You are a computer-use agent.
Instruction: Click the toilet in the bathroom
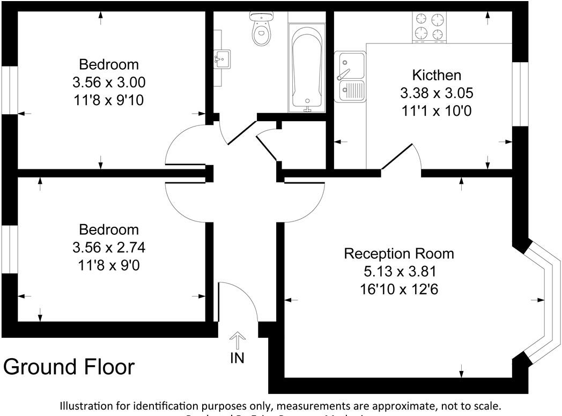(261, 31)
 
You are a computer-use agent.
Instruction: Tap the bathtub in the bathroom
(307, 68)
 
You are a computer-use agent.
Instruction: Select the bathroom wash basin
(221, 57)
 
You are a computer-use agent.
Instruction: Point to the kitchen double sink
(350, 77)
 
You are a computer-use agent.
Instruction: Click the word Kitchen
(436, 75)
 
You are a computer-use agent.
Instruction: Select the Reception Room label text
(398, 253)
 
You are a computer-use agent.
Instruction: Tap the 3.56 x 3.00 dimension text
(109, 82)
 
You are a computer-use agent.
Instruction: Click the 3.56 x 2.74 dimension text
(109, 247)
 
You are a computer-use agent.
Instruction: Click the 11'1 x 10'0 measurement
(436, 111)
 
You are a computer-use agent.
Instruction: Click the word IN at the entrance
(237, 358)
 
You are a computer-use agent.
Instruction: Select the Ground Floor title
(69, 367)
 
